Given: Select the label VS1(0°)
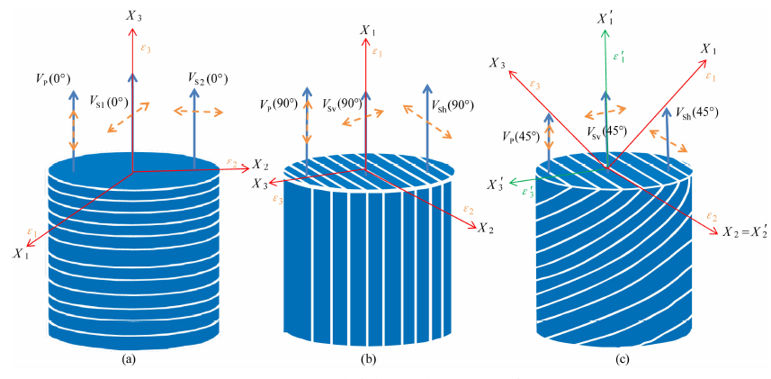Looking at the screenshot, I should [x=107, y=102].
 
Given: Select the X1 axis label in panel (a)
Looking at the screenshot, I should [x=21, y=254].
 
